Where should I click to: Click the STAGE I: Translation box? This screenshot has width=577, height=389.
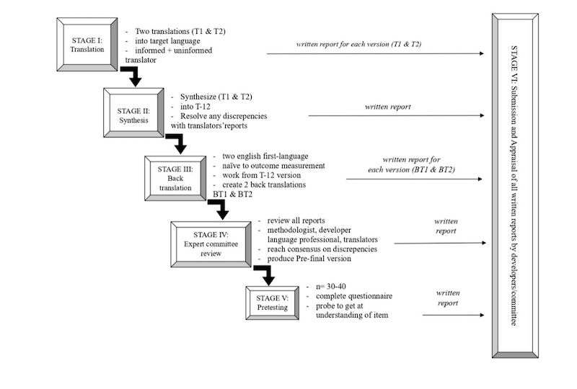[87, 45]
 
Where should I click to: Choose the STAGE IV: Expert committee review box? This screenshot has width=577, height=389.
[213, 243]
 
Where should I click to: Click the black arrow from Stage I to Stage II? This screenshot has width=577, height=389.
[133, 78]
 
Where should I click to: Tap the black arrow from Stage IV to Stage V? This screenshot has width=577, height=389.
[265, 274]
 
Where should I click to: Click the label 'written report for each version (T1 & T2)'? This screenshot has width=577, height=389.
[358, 45]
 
